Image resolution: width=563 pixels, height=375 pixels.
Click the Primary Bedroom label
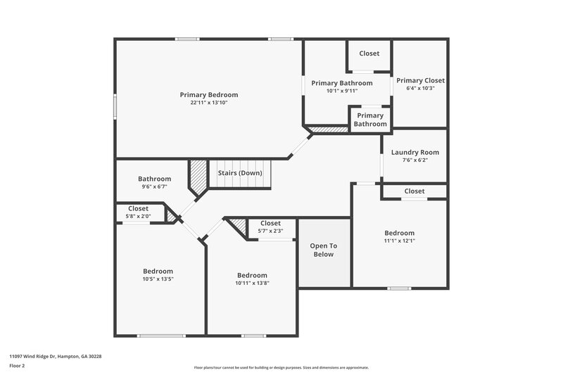(209, 94)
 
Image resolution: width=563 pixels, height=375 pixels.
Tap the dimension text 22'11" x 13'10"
(209, 103)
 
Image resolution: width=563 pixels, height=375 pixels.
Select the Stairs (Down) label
(239, 173)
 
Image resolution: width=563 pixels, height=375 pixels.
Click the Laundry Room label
(415, 152)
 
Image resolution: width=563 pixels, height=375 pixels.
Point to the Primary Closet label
(420, 80)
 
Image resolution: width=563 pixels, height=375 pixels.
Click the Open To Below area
(323, 250)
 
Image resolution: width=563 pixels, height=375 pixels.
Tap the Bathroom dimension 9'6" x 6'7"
(154, 187)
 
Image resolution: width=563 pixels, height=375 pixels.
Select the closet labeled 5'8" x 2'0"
(138, 216)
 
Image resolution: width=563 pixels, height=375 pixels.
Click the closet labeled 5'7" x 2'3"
(270, 231)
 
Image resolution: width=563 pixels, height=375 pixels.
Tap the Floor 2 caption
(18, 366)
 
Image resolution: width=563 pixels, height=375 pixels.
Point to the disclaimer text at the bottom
(281, 367)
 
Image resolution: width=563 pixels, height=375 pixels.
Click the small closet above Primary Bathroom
(369, 53)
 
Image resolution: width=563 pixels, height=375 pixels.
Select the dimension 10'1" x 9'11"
(342, 91)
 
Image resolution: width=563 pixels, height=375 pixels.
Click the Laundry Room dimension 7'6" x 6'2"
(415, 160)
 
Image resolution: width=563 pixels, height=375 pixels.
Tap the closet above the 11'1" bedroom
(415, 191)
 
